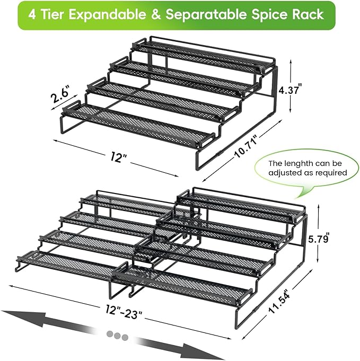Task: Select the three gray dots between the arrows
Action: click(117, 336)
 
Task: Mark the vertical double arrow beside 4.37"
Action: click(291, 85)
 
